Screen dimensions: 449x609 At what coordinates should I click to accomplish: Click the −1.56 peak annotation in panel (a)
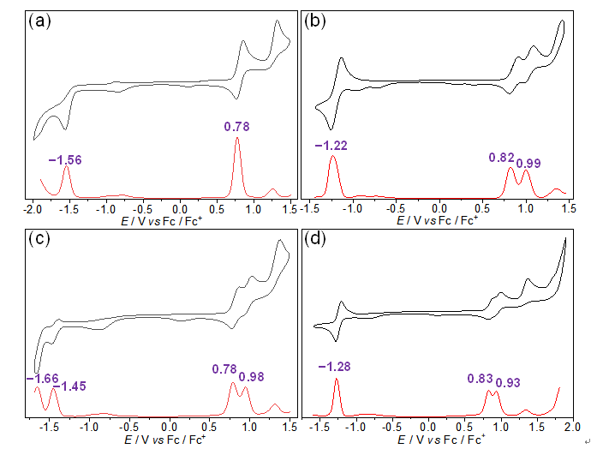(x=65, y=159)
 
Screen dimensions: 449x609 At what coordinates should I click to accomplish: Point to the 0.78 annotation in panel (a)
(x=237, y=127)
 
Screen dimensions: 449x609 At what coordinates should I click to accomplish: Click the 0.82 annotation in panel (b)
(x=503, y=158)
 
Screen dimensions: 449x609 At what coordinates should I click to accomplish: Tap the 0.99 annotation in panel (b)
(x=528, y=162)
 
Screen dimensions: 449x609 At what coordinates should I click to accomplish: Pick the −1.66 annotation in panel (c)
(x=42, y=378)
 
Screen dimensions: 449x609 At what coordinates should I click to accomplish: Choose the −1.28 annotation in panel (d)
(x=335, y=368)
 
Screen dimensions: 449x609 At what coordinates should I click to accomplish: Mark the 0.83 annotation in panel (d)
(x=481, y=378)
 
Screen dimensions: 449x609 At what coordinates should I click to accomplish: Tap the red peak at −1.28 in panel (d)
(x=337, y=390)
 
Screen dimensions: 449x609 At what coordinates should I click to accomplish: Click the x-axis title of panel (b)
(x=439, y=220)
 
